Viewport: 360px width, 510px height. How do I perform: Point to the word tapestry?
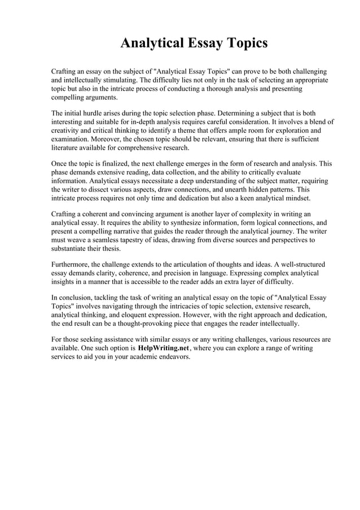128,241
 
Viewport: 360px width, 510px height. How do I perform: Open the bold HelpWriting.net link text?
164,348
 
